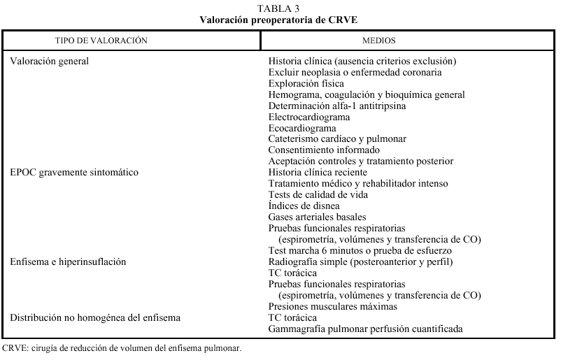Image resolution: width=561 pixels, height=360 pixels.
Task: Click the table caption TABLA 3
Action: (280, 8)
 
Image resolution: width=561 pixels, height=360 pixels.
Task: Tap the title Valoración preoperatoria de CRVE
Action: (280, 19)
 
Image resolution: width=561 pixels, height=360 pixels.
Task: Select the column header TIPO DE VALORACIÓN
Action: (101, 41)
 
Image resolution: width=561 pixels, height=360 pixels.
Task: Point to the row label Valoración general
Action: (50, 61)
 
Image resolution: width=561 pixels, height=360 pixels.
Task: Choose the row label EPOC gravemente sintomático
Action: (74, 172)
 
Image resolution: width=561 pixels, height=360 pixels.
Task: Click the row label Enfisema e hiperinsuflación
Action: (68, 261)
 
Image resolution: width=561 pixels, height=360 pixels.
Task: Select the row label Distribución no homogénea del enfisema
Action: (95, 317)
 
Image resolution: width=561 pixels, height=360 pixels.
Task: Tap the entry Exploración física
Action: (305, 83)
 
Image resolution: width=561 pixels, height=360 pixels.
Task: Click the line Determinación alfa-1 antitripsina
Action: (337, 106)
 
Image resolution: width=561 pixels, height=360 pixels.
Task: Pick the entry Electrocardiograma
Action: (310, 117)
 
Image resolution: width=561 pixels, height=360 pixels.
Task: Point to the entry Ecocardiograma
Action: (302, 128)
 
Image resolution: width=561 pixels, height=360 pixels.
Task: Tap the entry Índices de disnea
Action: (304, 206)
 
